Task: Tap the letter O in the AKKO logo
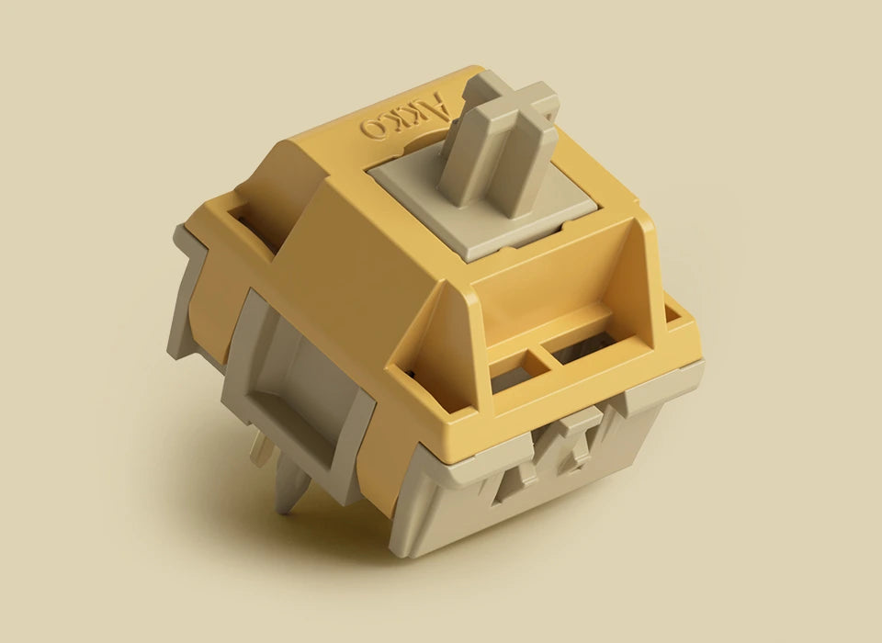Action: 373,130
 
